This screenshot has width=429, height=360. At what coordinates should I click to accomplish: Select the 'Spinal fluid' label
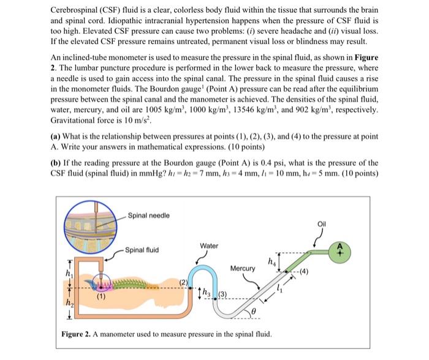pos(142,250)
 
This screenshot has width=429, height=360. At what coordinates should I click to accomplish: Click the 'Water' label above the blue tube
pos(209,246)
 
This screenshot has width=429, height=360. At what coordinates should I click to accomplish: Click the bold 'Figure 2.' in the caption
pos(78,333)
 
